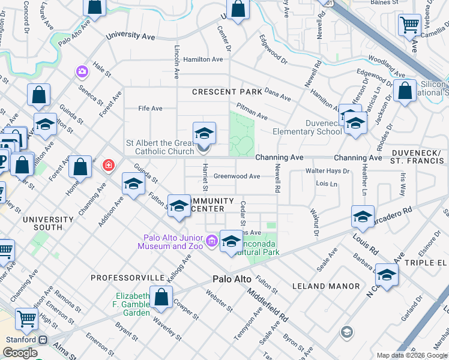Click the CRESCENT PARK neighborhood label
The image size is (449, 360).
tap(227, 92)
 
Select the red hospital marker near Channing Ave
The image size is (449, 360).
tap(108, 165)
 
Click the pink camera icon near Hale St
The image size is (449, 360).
tap(82, 72)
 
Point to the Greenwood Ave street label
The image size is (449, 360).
tap(238, 176)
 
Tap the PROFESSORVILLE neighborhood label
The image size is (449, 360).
tap(128, 278)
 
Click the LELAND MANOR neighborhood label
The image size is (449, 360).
tap(326, 287)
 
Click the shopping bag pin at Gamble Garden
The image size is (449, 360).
tap(161, 297)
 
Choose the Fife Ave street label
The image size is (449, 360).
tap(150, 109)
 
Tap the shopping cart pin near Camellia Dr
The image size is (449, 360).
tap(409, 25)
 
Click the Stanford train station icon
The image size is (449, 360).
tap(43, 340)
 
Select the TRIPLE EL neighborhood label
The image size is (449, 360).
tap(426, 263)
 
